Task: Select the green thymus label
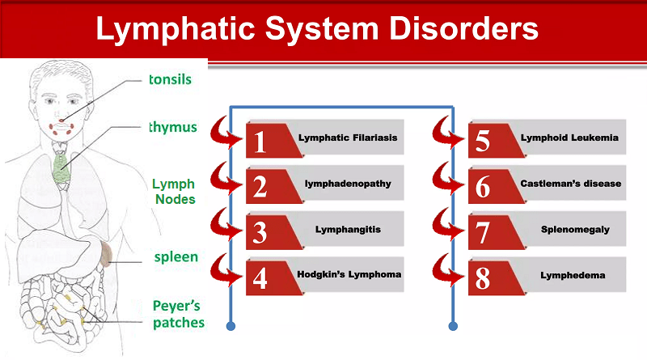tap(173, 127)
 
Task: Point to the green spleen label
tap(175, 256)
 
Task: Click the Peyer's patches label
tap(178, 314)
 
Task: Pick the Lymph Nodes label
tap(174, 190)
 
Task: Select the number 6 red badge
tap(482, 186)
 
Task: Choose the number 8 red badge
tap(482, 278)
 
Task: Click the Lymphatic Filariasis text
tap(348, 138)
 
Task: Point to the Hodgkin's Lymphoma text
tap(349, 274)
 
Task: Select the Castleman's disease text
tap(571, 184)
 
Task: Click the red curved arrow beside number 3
tap(226, 227)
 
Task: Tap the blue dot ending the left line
tap(232, 327)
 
